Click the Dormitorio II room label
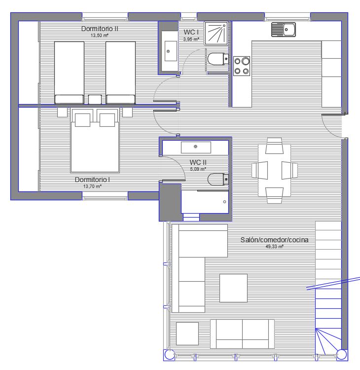point(100,29)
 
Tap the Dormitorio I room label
point(92,180)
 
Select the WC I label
point(191,32)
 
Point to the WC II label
point(198,162)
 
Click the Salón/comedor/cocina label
point(274,240)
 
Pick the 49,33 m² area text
point(274,247)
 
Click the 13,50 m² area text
point(100,36)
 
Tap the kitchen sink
point(284,30)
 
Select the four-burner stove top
point(242,66)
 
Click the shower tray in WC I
point(216,34)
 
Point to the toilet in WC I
point(218,59)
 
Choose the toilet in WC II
point(218,180)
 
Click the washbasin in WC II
point(196,148)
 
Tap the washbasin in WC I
point(171,51)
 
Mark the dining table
point(274,170)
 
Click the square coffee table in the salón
point(234,288)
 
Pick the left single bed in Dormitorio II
point(69,73)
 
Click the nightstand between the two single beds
point(95,99)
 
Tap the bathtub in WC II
point(205,202)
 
